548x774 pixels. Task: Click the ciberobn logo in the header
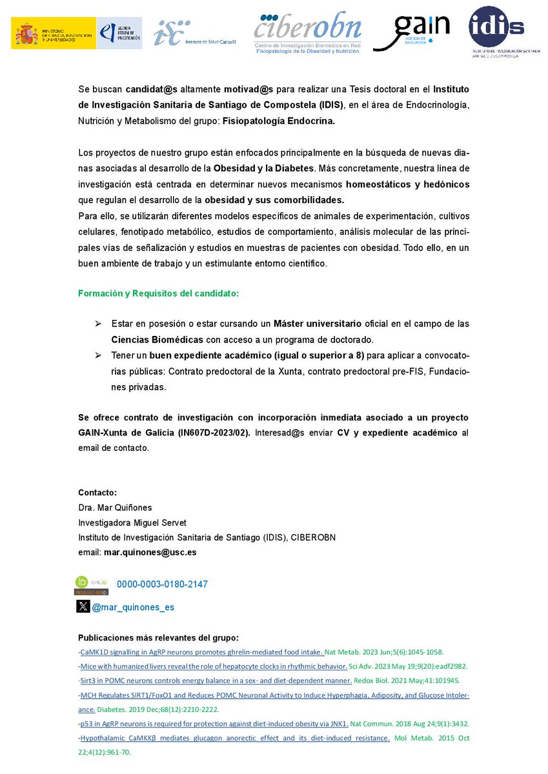point(307,30)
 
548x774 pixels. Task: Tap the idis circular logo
point(496,27)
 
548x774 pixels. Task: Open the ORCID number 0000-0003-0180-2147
point(162,584)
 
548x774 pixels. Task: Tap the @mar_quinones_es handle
point(133,607)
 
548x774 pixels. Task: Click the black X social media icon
point(83,606)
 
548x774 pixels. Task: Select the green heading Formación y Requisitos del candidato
point(158,293)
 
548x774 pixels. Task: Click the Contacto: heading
point(97,493)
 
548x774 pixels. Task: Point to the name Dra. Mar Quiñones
point(114,508)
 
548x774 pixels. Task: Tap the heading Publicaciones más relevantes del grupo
point(158,637)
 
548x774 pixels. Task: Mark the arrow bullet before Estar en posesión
point(98,322)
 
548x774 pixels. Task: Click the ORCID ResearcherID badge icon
point(92,585)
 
